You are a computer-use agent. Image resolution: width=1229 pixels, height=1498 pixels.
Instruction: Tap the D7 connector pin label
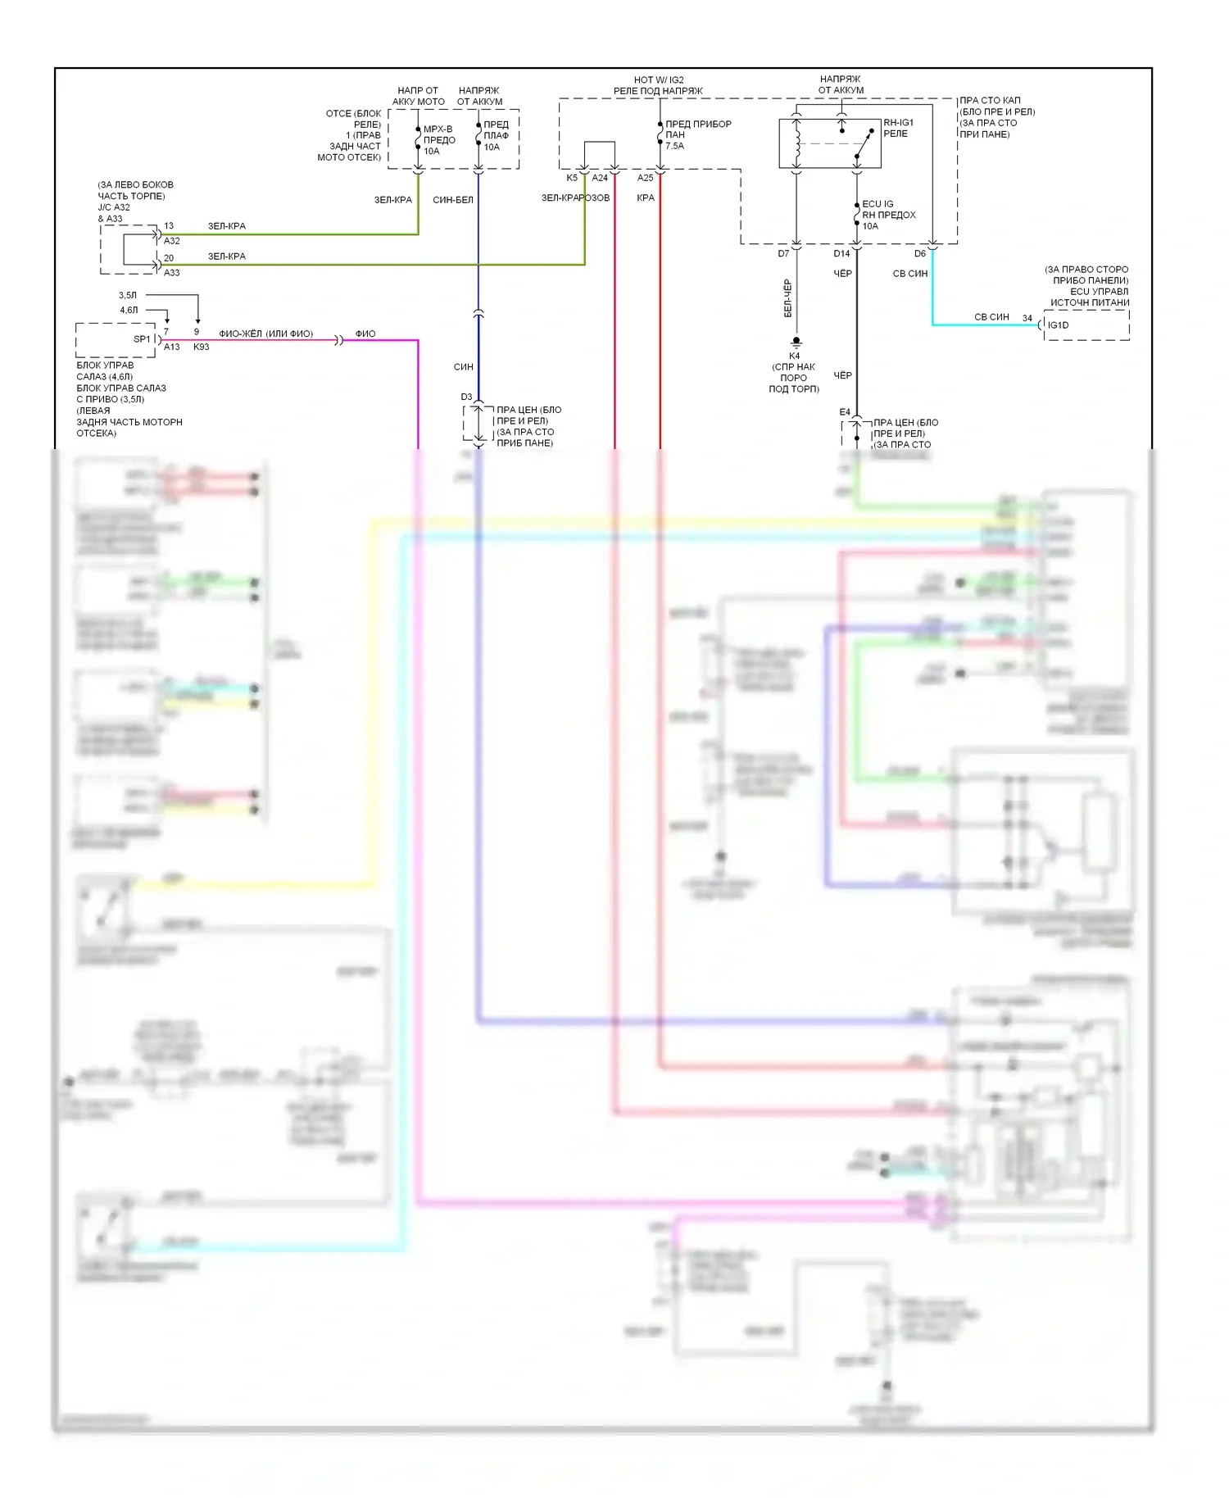783,254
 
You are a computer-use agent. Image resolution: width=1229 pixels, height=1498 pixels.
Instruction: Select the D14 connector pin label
841,254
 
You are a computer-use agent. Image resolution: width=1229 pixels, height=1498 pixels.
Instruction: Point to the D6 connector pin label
920,254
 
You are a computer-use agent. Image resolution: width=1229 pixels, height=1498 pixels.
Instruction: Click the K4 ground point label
794,356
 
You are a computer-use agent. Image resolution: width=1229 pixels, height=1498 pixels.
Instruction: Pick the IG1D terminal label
1058,325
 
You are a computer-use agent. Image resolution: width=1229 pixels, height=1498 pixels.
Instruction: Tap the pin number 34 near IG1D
1027,318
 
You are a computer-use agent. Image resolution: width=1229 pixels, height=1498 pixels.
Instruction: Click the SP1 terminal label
142,339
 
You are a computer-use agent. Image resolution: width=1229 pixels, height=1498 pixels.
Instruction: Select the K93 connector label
201,347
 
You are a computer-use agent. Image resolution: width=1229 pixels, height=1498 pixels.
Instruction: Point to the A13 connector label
171,347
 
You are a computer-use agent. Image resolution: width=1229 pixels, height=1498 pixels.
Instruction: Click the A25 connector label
646,178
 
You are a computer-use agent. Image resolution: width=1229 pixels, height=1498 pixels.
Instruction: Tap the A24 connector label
600,178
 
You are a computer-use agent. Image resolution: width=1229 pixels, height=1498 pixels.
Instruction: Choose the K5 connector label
572,178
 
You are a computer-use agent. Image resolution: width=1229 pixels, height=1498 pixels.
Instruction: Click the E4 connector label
845,412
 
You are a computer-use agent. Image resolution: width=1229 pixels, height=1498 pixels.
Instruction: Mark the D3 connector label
466,397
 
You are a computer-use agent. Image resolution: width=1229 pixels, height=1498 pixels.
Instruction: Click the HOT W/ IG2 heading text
659,80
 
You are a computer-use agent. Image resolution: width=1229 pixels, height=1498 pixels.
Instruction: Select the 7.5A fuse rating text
674,146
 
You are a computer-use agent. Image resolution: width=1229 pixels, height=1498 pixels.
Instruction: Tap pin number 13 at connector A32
169,225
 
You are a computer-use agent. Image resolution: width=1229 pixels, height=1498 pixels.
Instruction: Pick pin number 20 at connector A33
169,258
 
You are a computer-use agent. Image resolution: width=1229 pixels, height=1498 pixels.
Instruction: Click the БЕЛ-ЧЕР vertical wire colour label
787,298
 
